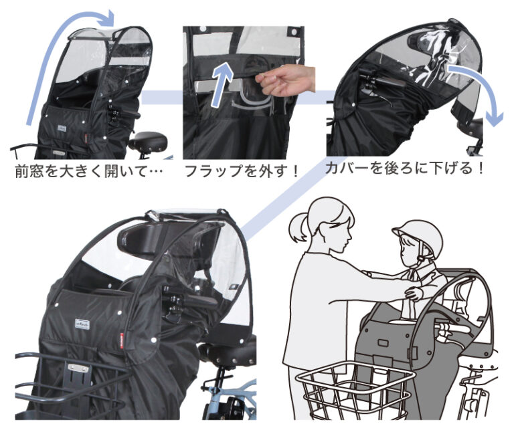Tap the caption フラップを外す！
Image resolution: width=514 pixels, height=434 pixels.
pos(242,170)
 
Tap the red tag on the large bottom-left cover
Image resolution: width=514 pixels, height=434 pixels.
pos(122,338)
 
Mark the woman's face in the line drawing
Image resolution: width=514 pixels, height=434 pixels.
pos(338,231)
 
